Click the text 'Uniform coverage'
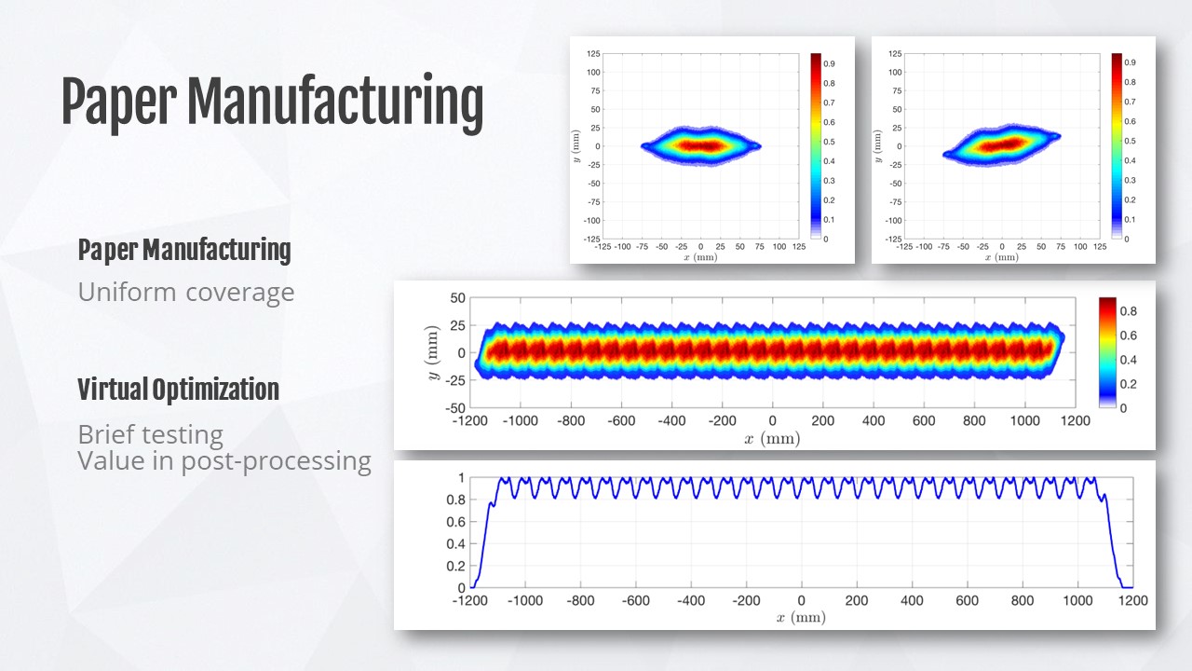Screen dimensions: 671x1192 (x=186, y=293)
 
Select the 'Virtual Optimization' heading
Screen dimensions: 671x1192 (x=178, y=390)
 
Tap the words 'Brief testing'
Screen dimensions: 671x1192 (x=150, y=434)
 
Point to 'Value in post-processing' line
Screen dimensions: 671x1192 (x=224, y=460)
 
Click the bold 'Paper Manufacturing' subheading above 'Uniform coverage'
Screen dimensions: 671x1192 (x=184, y=250)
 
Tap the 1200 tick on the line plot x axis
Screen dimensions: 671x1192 (x=1132, y=602)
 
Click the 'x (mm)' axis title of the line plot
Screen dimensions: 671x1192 (x=802, y=617)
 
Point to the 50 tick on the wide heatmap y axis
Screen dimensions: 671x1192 (x=456, y=298)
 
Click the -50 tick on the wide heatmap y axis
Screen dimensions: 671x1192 (x=454, y=408)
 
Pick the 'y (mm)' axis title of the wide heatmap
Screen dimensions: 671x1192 (x=431, y=352)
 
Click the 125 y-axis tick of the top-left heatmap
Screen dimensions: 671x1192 (x=593, y=54)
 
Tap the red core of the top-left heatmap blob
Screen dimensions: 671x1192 (x=700, y=145)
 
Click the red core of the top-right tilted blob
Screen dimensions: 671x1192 (x=1002, y=144)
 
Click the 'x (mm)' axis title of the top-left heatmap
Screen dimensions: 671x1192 (x=700, y=256)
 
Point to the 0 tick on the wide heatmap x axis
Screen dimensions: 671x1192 (x=772, y=421)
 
